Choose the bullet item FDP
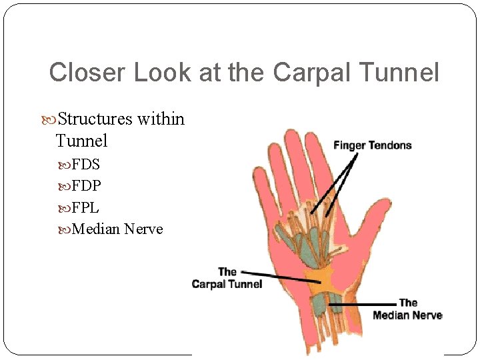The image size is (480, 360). point(86,185)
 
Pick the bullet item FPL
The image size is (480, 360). point(85,207)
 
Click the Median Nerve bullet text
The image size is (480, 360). point(117,229)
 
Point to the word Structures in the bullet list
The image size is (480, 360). point(95,119)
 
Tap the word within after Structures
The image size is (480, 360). point(161,119)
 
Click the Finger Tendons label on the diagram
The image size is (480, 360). point(373,145)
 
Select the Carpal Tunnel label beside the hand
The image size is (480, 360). point(227,278)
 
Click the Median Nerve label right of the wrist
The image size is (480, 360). point(407,309)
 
